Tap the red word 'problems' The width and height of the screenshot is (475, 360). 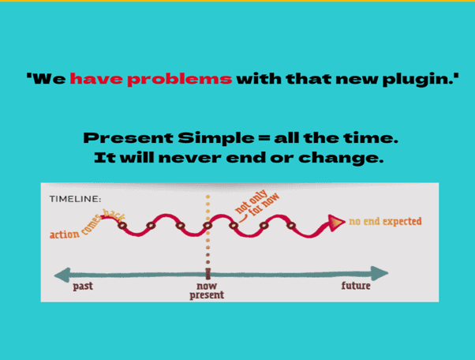click(180, 80)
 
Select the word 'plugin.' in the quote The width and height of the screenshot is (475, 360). click(421, 80)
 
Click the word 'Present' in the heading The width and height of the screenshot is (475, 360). click(128, 138)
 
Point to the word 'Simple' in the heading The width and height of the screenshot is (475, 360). click(216, 138)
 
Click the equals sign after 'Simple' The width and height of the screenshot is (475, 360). click(264, 138)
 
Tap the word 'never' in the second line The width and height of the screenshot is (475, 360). click(189, 158)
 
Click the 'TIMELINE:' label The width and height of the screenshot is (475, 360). click(75, 199)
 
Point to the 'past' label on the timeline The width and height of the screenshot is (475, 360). click(83, 286)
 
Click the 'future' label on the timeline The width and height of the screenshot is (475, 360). click(356, 286)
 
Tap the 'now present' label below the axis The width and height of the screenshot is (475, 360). click(207, 291)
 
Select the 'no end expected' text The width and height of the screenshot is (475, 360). click(385, 222)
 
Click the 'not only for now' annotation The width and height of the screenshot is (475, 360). click(257, 202)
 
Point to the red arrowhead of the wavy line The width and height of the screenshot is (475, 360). click(336, 223)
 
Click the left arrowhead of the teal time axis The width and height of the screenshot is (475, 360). click(62, 275)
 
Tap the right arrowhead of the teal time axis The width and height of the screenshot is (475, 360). click(380, 273)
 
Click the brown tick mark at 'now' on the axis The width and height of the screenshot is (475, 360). click(208, 274)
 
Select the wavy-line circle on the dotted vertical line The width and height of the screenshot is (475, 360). click(208, 226)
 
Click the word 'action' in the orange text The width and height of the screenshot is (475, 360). click(65, 234)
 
